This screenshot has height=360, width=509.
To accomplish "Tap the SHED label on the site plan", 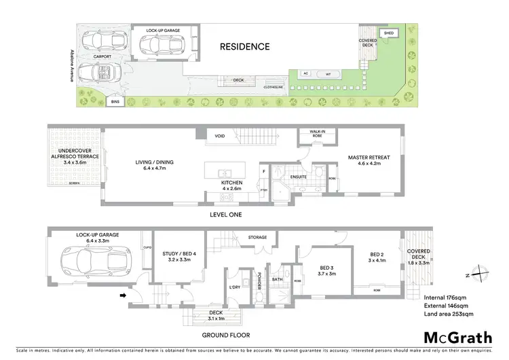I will tap(388, 33).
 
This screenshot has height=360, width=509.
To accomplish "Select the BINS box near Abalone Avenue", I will tap(116, 102).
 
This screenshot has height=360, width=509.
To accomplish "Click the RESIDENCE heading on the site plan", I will tap(244, 47).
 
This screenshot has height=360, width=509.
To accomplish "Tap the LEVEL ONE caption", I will tap(226, 215).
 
